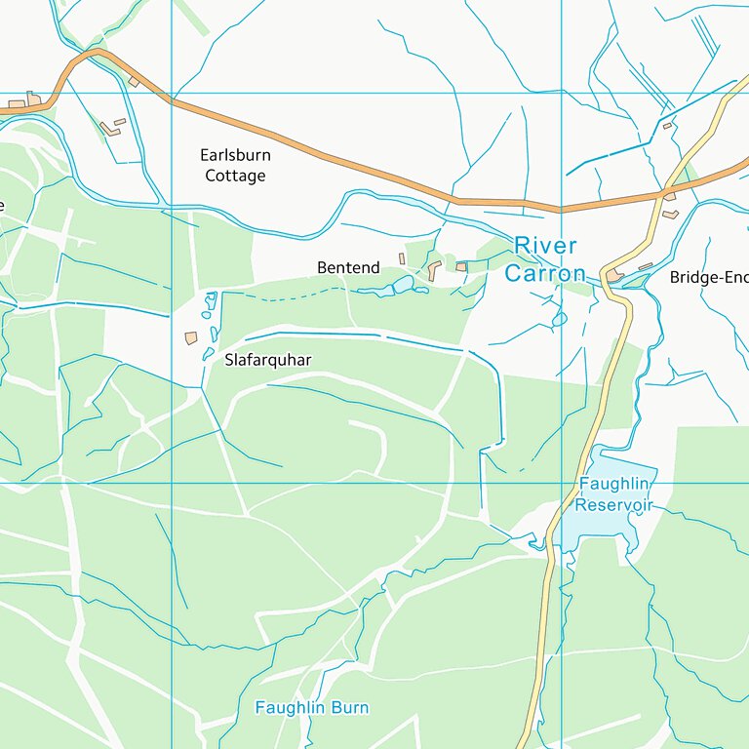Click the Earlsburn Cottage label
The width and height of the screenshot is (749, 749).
click(x=235, y=166)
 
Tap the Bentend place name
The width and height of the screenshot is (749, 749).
click(x=348, y=267)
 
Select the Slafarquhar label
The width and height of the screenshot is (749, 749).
click(x=268, y=360)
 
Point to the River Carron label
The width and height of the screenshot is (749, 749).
click(x=545, y=259)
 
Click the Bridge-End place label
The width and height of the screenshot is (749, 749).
click(x=708, y=277)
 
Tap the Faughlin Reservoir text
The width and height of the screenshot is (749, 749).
click(x=613, y=494)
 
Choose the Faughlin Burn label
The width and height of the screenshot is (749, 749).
click(x=311, y=707)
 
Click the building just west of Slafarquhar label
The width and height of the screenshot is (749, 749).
click(x=191, y=337)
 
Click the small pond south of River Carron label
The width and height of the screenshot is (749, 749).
click(x=559, y=319)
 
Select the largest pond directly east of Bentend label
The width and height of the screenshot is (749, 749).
click(x=402, y=285)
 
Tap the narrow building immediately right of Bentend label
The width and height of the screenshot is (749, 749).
click(x=401, y=258)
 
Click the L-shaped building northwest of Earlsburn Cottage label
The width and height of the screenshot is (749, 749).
click(x=112, y=127)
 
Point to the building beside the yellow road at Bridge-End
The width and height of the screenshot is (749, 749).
click(x=615, y=276)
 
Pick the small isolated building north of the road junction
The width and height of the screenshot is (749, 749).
click(x=668, y=125)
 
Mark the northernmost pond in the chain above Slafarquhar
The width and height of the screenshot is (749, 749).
click(x=210, y=298)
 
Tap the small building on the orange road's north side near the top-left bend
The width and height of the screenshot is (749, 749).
click(x=134, y=82)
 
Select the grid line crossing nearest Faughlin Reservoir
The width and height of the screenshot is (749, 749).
click(x=562, y=483)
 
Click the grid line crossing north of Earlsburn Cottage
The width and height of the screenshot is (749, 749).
click(x=172, y=94)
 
